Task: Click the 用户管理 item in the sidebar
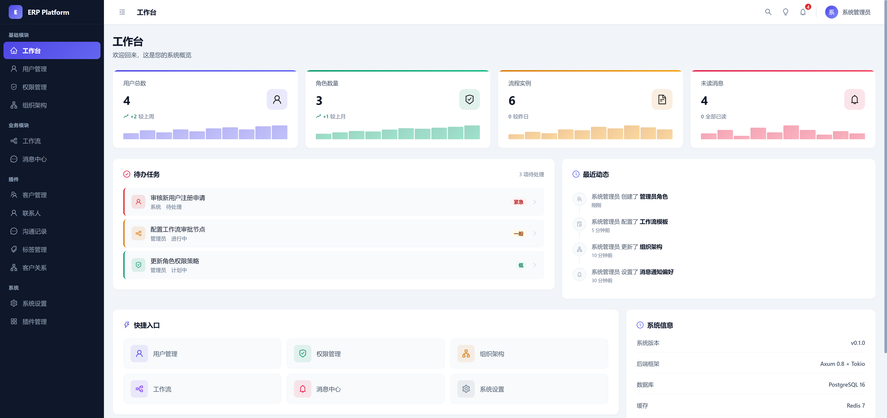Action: pyautogui.click(x=34, y=69)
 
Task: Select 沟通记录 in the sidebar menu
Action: pyautogui.click(x=34, y=231)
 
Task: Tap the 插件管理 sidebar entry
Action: pyautogui.click(x=34, y=322)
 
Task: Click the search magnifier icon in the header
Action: pyautogui.click(x=768, y=12)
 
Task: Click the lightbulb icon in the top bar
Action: pyautogui.click(x=785, y=12)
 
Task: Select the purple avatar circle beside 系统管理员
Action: pyautogui.click(x=831, y=12)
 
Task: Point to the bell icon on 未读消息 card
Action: pyautogui.click(x=854, y=99)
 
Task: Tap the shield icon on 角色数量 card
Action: pyautogui.click(x=469, y=99)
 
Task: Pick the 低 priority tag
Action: pyautogui.click(x=521, y=265)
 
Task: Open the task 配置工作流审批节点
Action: pyautogui.click(x=178, y=229)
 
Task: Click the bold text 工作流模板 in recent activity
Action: pyautogui.click(x=653, y=222)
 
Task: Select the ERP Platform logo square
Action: pyautogui.click(x=15, y=12)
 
